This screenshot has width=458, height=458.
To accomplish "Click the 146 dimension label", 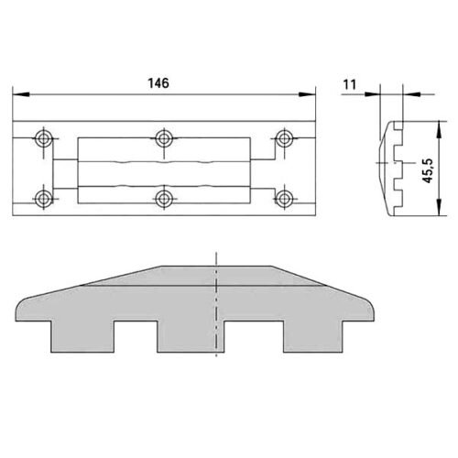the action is click(x=158, y=83).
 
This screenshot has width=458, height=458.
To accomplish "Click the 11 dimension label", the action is click(x=349, y=85).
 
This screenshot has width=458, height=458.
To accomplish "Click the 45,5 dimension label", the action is click(x=428, y=170).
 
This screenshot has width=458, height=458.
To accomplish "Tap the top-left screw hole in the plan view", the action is click(x=43, y=139).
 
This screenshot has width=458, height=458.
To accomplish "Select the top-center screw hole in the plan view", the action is click(x=164, y=138).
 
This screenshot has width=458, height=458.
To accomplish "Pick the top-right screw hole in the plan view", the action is click(x=284, y=138).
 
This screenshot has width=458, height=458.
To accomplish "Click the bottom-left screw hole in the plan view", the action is click(x=43, y=199).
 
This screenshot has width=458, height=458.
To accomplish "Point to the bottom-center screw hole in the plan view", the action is click(x=164, y=199).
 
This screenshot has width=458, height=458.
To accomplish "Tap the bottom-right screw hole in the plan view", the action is click(x=284, y=199).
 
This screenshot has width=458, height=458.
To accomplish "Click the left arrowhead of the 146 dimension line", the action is click(x=21, y=94).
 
